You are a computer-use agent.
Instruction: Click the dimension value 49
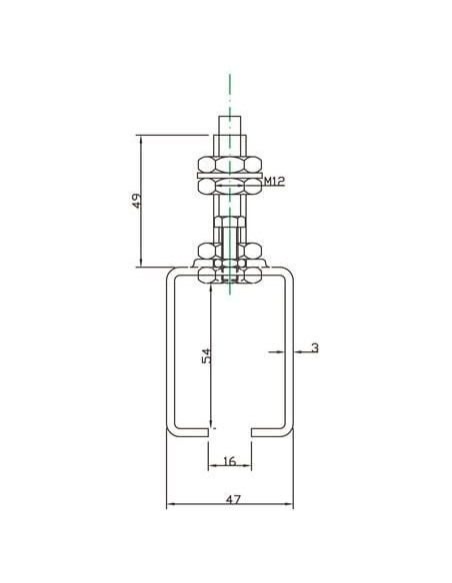[137, 201]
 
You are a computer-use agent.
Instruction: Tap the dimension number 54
[206, 356]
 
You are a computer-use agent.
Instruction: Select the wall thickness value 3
[315, 348]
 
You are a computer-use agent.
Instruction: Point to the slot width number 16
[230, 461]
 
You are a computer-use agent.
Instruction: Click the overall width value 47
[234, 499]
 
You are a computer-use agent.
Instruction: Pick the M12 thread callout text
[274, 181]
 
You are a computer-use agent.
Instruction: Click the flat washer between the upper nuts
[230, 175]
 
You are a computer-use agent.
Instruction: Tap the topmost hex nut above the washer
[230, 165]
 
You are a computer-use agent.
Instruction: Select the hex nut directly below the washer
[230, 186]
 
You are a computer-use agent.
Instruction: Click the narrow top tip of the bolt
[230, 126]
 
